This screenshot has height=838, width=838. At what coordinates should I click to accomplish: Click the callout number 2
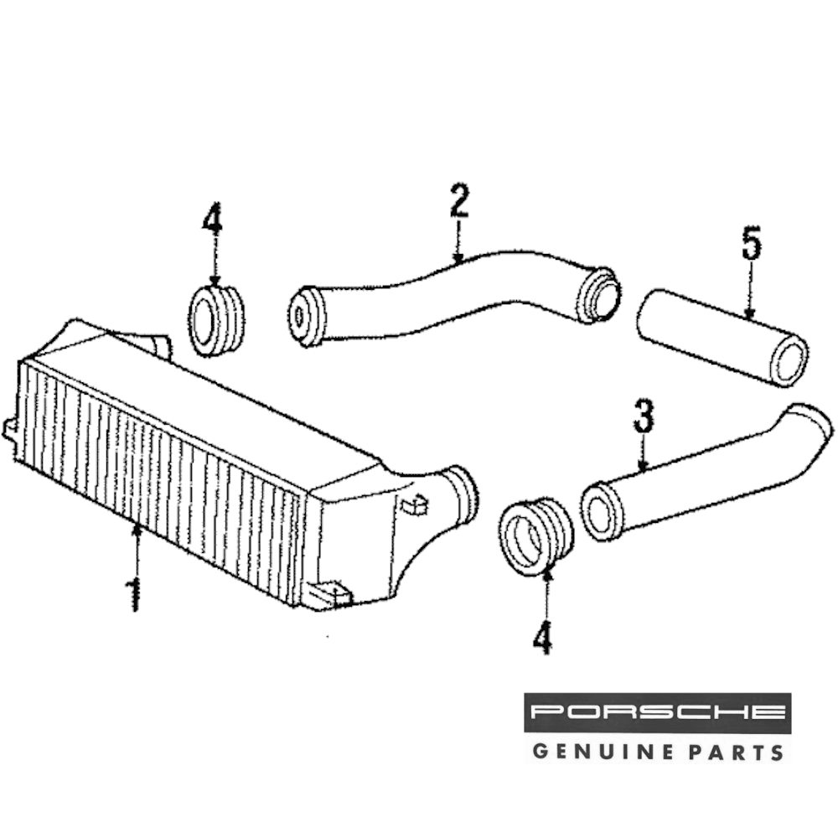coord(458,201)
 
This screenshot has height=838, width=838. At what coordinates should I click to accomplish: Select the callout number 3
coord(643,416)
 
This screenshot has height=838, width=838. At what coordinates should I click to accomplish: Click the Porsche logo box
coord(658,713)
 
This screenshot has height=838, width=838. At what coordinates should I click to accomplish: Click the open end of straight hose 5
coord(789,360)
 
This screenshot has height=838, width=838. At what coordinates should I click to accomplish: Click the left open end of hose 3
coord(600,512)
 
